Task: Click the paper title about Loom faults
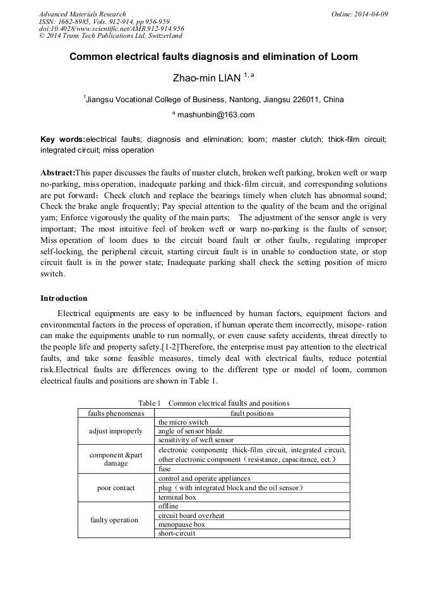tap(213, 57)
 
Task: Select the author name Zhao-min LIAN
tap(207, 78)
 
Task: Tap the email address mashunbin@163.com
tap(216, 115)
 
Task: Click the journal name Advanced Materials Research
tap(82, 14)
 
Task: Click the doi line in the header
tap(111, 28)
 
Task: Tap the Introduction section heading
tap(64, 298)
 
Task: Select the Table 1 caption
tap(213, 402)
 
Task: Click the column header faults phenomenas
tap(116, 413)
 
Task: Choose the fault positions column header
tap(252, 413)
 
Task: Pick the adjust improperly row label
tap(116, 431)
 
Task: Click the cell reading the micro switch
tap(183, 422)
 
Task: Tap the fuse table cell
tap(164, 469)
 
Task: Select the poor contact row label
tap(116, 488)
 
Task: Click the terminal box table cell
tap(177, 497)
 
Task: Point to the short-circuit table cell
tap(177, 533)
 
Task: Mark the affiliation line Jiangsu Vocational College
tap(213, 99)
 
